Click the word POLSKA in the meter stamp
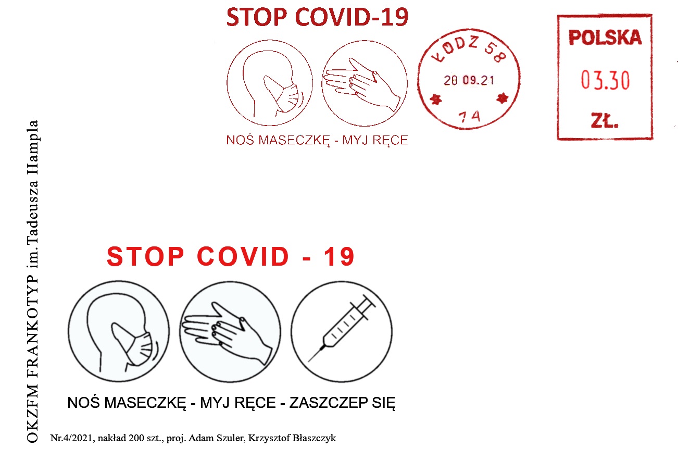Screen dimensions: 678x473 tap(605, 38)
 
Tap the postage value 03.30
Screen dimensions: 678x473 tap(605, 80)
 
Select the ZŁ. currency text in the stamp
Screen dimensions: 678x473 tap(605, 120)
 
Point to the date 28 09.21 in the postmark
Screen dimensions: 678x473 tap(469, 81)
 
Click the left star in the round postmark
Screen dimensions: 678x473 tap(436, 99)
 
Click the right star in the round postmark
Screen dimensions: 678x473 tap(502, 98)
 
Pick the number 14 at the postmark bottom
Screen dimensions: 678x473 tap(469, 116)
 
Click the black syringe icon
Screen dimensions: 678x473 tap(342, 331)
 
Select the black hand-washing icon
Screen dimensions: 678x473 tap(230, 331)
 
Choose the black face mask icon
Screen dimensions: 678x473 tap(119, 331)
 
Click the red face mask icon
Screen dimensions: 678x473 tap(270, 83)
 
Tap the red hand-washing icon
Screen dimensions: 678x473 tap(365, 83)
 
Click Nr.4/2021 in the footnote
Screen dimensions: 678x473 tap(71, 438)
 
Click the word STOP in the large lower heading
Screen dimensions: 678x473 tap(145, 256)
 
